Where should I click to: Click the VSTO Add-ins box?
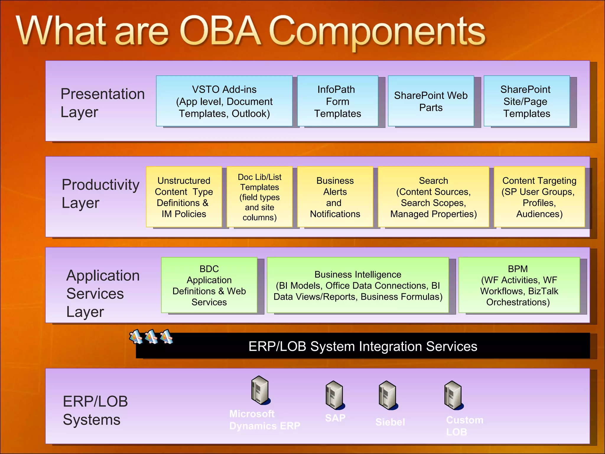[224, 101]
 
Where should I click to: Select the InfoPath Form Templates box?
[337, 101]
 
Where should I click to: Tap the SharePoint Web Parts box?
[431, 101]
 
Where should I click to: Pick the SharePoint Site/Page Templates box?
[526, 101]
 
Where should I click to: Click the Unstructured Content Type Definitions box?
[184, 197]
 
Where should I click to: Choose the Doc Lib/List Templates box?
[259, 197]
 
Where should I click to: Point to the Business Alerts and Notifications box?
[335, 197]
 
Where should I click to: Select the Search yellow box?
[433, 197]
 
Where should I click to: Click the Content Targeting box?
[539, 197]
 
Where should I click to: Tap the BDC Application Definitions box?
[209, 285]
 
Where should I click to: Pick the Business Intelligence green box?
[358, 285]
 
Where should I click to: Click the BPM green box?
[519, 285]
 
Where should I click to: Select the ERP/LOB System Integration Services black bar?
[363, 346]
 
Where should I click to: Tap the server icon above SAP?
[334, 395]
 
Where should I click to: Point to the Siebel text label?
[390, 422]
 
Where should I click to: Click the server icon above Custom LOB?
[453, 395]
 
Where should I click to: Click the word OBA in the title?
[220, 31]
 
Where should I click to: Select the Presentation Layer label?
[102, 102]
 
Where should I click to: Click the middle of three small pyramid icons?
[151, 337]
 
